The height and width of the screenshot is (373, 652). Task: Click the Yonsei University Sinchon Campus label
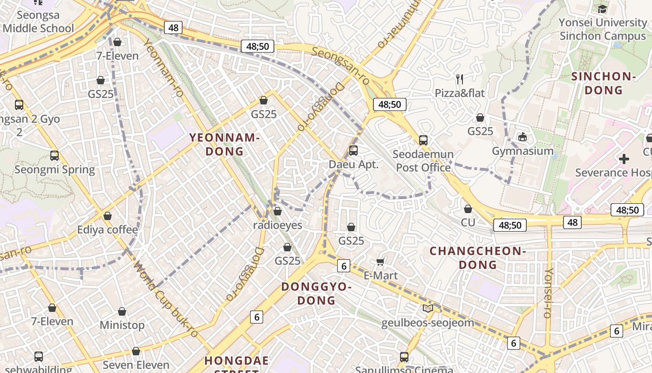[603, 29]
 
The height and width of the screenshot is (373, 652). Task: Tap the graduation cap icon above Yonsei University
[602, 9]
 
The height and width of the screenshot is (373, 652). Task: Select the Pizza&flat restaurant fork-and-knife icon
[460, 79]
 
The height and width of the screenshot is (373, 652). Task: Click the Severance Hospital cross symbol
[624, 159]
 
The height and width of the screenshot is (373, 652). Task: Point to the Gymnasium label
[523, 151]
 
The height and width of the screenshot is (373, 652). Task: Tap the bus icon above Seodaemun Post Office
[423, 140]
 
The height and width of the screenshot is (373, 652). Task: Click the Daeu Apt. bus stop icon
[353, 151]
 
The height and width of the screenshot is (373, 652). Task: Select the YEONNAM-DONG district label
[224, 144]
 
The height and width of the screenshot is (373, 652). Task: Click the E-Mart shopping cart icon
[380, 262]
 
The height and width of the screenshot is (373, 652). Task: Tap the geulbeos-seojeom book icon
[428, 308]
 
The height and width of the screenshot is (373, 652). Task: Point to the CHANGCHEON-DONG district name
[477, 258]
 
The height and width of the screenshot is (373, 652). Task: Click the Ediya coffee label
[108, 229]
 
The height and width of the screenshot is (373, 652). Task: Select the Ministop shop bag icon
[122, 311]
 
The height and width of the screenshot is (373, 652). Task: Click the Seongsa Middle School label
[38, 21]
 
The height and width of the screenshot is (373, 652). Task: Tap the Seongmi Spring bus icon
[54, 156]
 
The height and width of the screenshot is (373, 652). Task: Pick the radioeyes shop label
[278, 225]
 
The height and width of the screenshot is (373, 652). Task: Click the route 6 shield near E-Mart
[343, 266]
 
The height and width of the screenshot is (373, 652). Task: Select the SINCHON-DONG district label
[603, 83]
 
